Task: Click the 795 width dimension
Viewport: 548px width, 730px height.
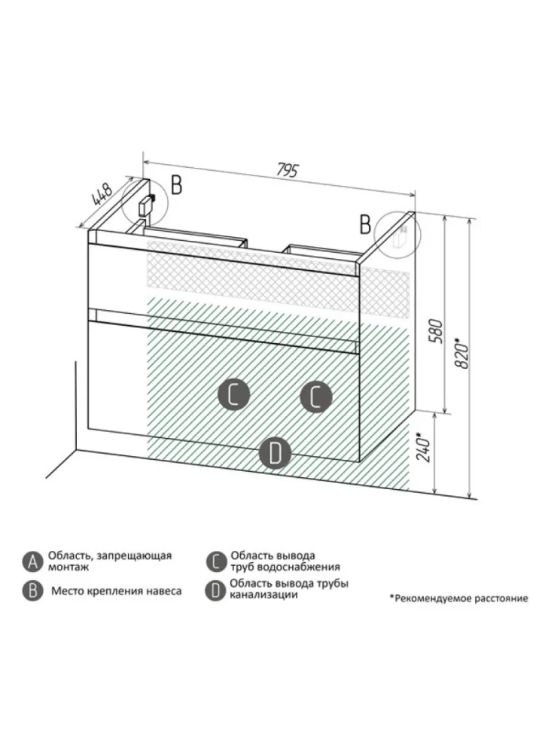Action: click(x=288, y=170)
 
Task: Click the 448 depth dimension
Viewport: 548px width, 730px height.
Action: click(x=102, y=195)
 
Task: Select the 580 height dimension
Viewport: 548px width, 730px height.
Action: click(x=434, y=330)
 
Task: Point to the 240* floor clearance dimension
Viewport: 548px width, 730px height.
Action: click(x=423, y=447)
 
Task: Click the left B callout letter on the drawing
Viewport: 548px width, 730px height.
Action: click(x=176, y=185)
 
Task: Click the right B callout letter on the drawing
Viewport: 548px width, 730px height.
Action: click(x=365, y=224)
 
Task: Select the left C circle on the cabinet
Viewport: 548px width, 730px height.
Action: click(x=234, y=395)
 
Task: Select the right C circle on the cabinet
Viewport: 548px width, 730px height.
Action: click(x=315, y=397)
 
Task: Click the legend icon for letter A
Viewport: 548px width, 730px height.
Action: click(x=32, y=561)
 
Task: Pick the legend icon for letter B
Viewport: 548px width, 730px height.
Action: click(x=32, y=591)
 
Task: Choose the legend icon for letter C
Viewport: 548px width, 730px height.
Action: click(x=215, y=561)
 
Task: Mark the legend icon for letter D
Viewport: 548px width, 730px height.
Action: click(x=215, y=590)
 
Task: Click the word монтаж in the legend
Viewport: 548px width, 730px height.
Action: click(x=68, y=567)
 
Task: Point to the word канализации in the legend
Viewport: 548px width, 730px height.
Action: click(x=263, y=595)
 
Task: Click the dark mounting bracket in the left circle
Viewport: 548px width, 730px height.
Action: click(x=147, y=205)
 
